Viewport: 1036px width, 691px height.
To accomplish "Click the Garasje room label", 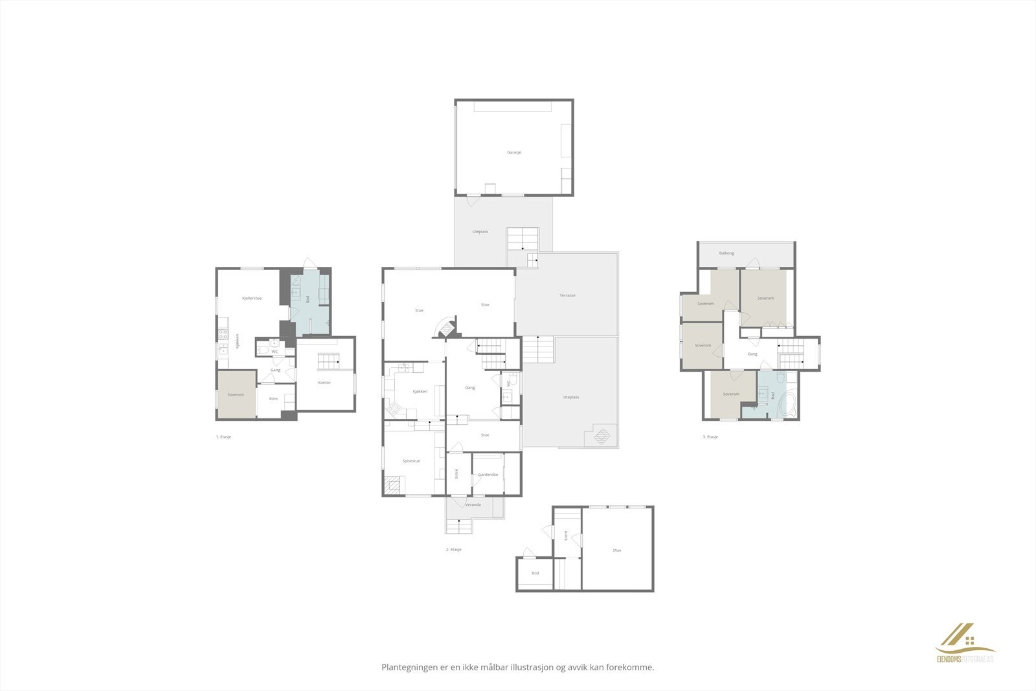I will [514, 152].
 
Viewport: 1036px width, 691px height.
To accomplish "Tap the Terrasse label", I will [567, 295].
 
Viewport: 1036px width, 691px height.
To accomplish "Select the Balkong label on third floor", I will [726, 253].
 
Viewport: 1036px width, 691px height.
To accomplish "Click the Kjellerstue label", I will [251, 298].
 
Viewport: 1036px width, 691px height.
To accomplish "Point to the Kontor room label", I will [324, 383].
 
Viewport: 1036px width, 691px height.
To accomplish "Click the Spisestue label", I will [411, 461].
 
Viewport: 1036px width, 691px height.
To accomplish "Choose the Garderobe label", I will [488, 475].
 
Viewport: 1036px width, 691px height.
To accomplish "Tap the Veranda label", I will [473, 504].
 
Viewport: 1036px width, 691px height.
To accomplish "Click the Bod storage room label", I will [535, 573].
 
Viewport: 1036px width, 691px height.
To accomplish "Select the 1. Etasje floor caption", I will [223, 437].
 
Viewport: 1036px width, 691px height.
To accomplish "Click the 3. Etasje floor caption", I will [710, 437].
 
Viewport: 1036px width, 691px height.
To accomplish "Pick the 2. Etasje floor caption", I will [453, 549].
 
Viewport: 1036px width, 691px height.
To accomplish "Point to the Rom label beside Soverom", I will [273, 399].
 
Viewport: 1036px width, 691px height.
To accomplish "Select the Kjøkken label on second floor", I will [420, 392].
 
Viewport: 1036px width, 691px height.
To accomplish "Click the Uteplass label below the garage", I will [480, 232].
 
